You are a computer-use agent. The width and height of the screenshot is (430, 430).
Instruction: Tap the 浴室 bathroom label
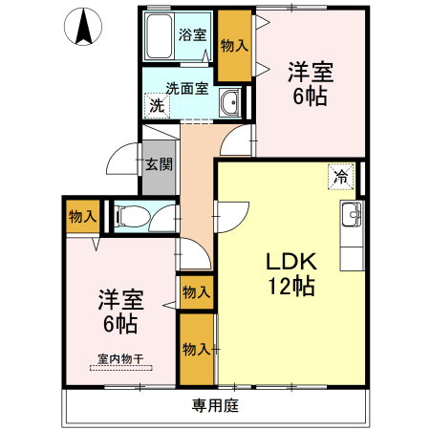tap(192, 35)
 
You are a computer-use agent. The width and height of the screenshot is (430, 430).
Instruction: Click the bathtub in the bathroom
tap(160, 37)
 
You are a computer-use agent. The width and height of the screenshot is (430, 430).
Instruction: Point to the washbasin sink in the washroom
tap(229, 104)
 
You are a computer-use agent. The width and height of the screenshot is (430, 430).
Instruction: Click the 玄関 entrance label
tap(159, 163)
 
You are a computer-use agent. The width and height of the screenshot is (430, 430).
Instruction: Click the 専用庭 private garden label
tap(214, 405)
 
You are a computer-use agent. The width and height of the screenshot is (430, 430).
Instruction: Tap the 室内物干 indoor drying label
tap(119, 359)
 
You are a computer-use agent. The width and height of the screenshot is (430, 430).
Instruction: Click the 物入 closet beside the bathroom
tap(234, 45)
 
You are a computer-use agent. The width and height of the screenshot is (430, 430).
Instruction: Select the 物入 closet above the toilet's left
tap(82, 216)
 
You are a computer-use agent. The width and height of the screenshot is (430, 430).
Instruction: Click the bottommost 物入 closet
tap(197, 349)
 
